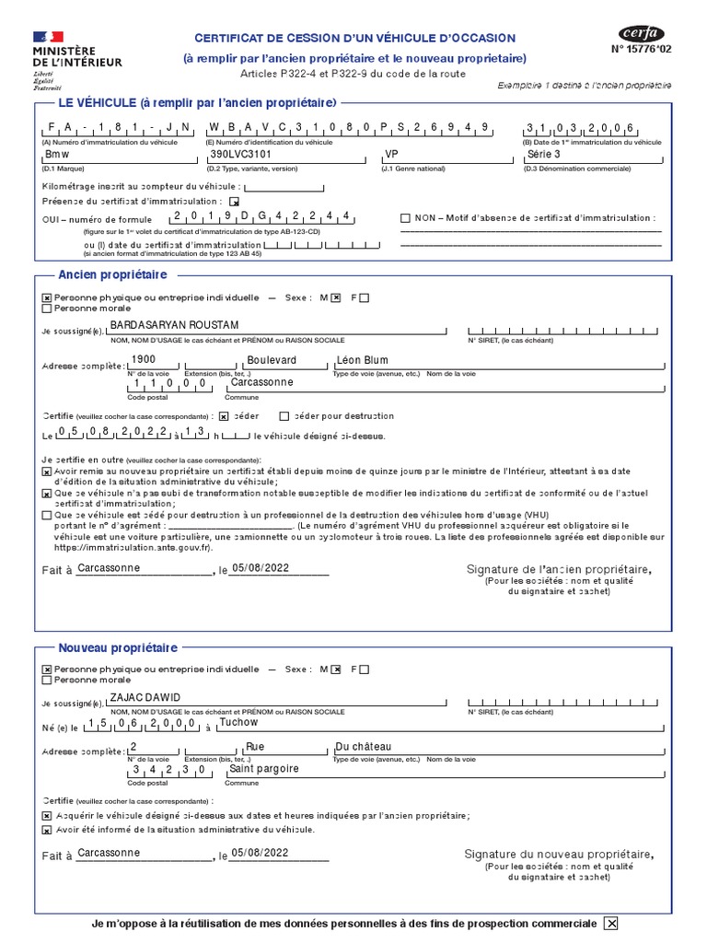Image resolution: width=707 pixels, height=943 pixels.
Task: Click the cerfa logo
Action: pos(642,34)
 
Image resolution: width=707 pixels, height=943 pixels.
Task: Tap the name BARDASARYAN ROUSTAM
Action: pos(174,326)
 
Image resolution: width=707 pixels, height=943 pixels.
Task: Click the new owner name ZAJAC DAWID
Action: pos(145,697)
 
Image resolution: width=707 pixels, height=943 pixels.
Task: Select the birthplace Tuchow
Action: pos(238,722)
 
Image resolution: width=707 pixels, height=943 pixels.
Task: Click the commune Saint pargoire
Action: pos(263,768)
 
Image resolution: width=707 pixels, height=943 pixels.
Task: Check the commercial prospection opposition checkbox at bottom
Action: pos(610,925)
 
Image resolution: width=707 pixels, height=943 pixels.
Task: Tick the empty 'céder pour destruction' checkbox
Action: pos(284,416)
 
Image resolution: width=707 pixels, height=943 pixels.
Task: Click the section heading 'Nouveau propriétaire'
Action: pos(118,648)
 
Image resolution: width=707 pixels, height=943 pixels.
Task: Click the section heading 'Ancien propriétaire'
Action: pos(112,275)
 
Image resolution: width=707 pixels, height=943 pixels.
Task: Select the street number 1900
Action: pos(144,359)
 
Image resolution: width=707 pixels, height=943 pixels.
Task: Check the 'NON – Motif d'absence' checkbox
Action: pos(405,218)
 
